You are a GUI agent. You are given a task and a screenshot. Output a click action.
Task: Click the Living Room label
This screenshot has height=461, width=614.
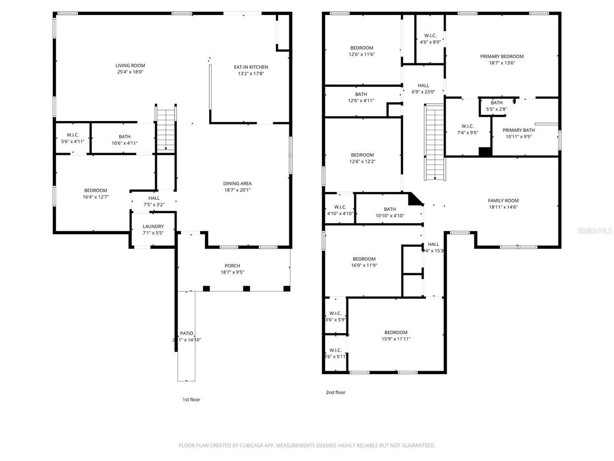point(130,66)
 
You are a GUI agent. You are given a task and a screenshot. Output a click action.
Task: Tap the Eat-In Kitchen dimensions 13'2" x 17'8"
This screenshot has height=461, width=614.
point(250,73)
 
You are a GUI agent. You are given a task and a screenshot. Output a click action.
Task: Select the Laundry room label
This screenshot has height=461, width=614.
point(153,227)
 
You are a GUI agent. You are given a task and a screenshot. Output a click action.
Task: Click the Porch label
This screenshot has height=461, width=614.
point(232,266)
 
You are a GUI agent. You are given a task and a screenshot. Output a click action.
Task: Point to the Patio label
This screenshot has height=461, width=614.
point(187,333)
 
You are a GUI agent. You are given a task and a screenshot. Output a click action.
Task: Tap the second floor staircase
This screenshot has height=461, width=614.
point(435,142)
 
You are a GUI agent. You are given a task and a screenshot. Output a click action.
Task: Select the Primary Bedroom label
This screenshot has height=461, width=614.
point(502,57)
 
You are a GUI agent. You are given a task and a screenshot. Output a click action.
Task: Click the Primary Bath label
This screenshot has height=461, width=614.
point(519,130)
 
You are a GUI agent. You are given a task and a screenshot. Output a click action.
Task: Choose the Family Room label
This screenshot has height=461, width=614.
point(503,201)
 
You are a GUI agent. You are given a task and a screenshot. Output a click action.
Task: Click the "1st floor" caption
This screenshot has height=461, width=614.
point(191,400)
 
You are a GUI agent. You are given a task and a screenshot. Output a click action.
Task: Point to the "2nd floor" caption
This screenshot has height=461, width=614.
point(335,392)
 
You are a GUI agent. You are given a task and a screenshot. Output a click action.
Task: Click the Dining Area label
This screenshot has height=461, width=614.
point(237,183)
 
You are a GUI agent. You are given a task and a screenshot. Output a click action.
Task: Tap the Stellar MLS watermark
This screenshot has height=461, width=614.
point(595,231)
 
